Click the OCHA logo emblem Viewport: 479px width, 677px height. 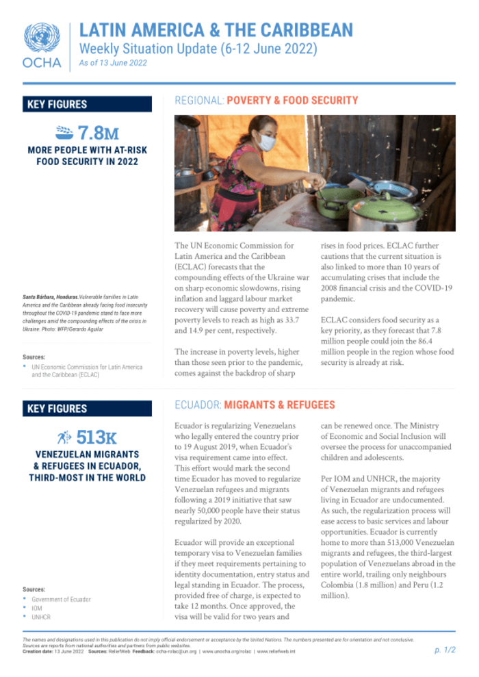42,38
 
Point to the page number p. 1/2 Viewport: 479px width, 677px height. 445,650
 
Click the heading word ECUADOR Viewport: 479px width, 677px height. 197,405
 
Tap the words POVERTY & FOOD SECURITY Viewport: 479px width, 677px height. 292,101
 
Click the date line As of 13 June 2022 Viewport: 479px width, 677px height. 112,63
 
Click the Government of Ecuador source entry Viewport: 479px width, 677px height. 61,599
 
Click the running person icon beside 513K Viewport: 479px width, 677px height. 65,437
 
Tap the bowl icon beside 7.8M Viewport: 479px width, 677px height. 63,131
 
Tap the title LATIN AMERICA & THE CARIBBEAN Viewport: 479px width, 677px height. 216,30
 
